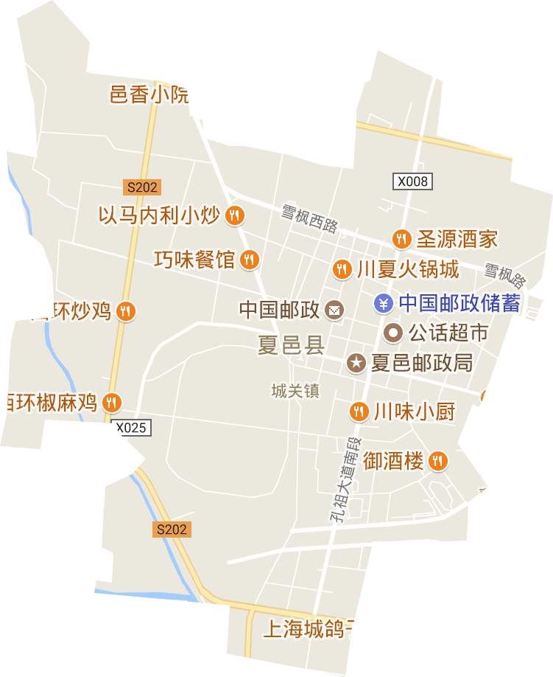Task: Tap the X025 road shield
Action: click(x=133, y=427)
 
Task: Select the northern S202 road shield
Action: click(x=141, y=187)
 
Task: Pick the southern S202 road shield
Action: click(x=172, y=529)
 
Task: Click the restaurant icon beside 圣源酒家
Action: click(x=401, y=238)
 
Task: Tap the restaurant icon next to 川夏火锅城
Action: click(x=341, y=269)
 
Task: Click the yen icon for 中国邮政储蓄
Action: click(x=383, y=302)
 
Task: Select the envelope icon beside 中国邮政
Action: click(x=334, y=310)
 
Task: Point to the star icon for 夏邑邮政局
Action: click(x=356, y=362)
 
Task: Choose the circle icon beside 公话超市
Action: click(x=393, y=333)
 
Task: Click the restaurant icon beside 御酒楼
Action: click(x=438, y=462)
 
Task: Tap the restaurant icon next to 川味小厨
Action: click(x=359, y=411)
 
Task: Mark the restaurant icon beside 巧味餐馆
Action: click(x=250, y=259)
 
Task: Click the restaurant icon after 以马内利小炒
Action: click(x=235, y=215)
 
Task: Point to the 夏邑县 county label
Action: click(x=291, y=345)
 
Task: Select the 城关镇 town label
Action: click(x=295, y=391)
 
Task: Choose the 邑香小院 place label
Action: click(x=149, y=94)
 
